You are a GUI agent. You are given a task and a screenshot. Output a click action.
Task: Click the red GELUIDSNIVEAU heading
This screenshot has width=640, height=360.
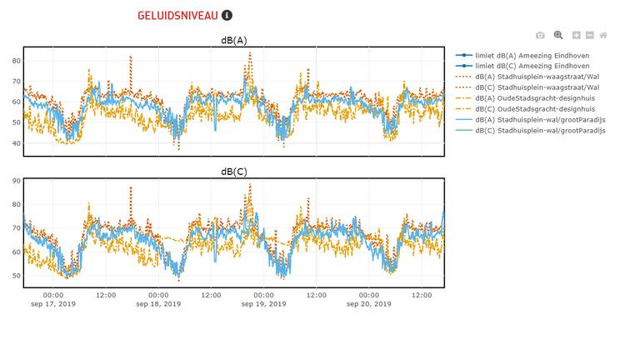click(x=178, y=15)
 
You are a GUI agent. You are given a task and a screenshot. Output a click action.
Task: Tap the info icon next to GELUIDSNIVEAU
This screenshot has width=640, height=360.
click(x=227, y=15)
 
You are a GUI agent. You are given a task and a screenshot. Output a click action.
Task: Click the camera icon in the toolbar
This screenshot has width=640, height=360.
click(x=540, y=35)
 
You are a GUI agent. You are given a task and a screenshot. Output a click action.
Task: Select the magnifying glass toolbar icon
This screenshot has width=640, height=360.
click(x=558, y=35)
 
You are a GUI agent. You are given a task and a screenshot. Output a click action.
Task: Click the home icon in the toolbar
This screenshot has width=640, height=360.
click(x=603, y=35)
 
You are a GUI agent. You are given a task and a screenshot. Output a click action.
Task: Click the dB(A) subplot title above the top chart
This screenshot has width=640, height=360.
click(x=233, y=40)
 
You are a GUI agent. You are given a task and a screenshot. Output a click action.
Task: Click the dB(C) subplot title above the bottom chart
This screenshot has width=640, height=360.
click(x=233, y=172)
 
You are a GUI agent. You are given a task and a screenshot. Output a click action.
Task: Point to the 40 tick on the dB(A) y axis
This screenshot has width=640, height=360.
click(x=16, y=143)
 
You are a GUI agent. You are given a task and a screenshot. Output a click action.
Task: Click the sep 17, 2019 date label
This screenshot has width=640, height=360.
click(x=52, y=304)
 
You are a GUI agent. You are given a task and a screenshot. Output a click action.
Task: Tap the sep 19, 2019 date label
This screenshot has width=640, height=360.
click(x=263, y=304)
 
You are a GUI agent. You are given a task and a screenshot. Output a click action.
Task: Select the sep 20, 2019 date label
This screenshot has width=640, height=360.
click(x=368, y=304)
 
